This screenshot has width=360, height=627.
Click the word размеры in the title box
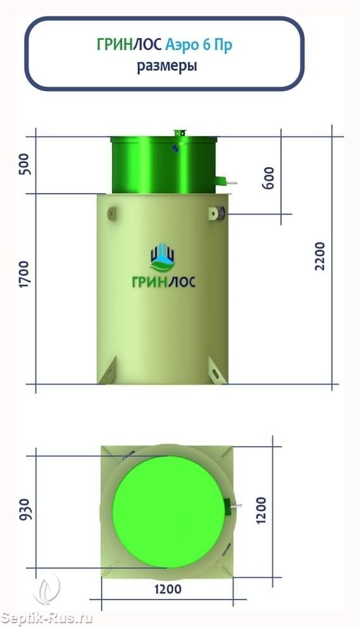coord(167,66)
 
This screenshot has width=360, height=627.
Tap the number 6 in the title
coord(206,44)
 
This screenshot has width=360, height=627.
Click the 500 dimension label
coord(25,165)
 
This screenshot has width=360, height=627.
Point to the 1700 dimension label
coord(25,275)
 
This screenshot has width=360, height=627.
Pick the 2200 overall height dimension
coord(320,256)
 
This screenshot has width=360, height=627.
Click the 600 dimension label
coord(269,178)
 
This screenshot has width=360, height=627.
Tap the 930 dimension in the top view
coord(25,509)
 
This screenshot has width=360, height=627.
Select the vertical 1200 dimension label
coord(261,510)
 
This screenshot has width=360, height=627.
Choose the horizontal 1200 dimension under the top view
coord(168,588)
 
